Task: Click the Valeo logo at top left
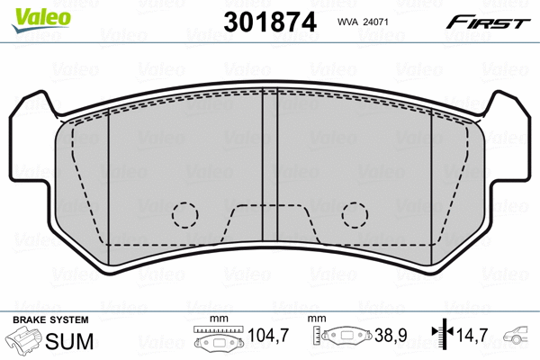(41, 20)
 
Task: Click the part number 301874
(270, 22)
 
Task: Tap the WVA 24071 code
(363, 22)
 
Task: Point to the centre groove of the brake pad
(270, 165)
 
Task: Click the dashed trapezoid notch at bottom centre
(270, 205)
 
